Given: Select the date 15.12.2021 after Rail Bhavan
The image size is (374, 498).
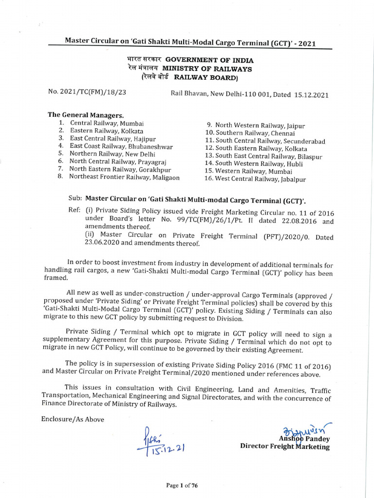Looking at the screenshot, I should click(x=312, y=95).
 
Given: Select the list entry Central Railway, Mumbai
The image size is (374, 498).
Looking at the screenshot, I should click(x=107, y=124).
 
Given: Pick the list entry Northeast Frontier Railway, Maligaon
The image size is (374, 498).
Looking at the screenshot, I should click(x=124, y=177).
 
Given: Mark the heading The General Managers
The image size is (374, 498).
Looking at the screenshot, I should click(x=86, y=115).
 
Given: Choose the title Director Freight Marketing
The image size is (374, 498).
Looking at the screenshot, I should click(x=284, y=447).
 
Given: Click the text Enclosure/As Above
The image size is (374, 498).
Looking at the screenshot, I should click(x=73, y=419).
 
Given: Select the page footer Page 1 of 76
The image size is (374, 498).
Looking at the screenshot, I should click(x=182, y=485).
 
